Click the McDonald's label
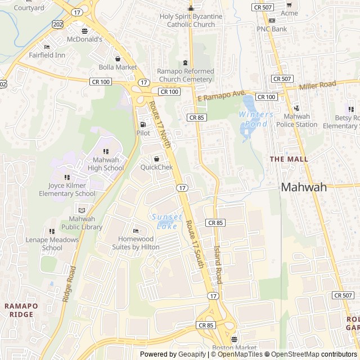85,39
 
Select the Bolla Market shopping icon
118,58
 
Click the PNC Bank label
272,29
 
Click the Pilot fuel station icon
143,125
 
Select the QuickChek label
156,167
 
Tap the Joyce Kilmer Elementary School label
67,190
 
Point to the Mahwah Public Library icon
82,210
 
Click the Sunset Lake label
166,222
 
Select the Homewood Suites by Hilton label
135,242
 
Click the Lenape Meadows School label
52,244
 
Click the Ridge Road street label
69,284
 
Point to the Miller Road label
317,85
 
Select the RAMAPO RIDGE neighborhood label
21,310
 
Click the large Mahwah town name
304,187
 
